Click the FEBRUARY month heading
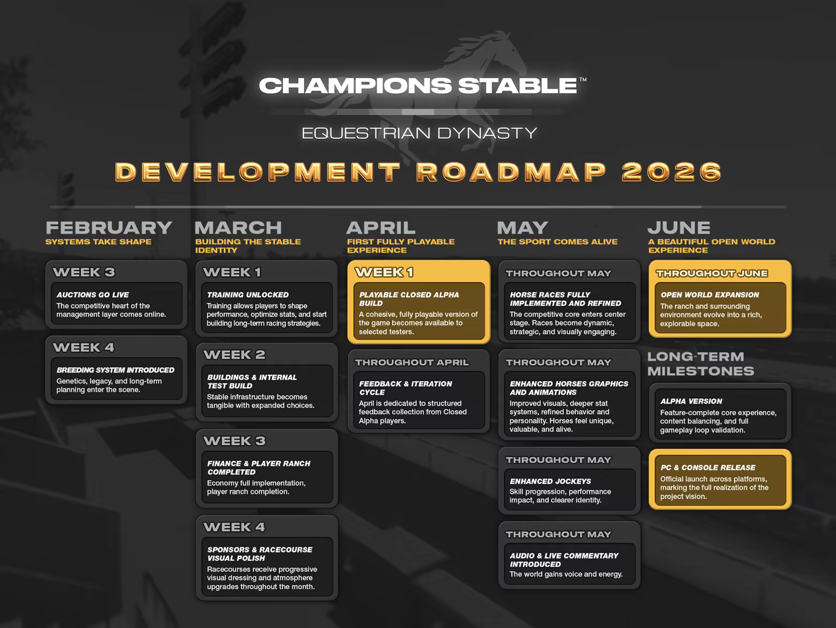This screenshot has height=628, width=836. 109,228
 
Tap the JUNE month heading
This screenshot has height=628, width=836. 679,228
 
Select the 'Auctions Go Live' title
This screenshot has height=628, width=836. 93,295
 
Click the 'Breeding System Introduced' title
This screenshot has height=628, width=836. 115,370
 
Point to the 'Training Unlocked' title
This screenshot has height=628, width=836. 248,295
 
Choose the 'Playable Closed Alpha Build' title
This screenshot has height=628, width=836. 409,299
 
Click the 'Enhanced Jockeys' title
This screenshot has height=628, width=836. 550,481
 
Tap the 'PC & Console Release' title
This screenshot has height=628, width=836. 708,468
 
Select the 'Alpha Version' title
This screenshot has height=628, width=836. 691,401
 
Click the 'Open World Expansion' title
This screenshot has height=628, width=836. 710,295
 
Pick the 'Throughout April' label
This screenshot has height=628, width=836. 412,363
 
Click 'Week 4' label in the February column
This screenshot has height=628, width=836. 84,348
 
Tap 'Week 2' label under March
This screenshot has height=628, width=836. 234,355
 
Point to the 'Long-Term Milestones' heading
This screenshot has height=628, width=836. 701,364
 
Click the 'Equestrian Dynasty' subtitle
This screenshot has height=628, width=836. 419,133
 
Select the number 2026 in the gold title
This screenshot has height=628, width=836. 672,172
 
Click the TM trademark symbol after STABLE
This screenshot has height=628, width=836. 583,80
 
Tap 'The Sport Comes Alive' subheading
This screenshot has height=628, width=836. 557,242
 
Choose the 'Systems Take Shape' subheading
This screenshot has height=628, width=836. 98,242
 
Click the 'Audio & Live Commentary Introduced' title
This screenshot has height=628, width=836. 564,560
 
